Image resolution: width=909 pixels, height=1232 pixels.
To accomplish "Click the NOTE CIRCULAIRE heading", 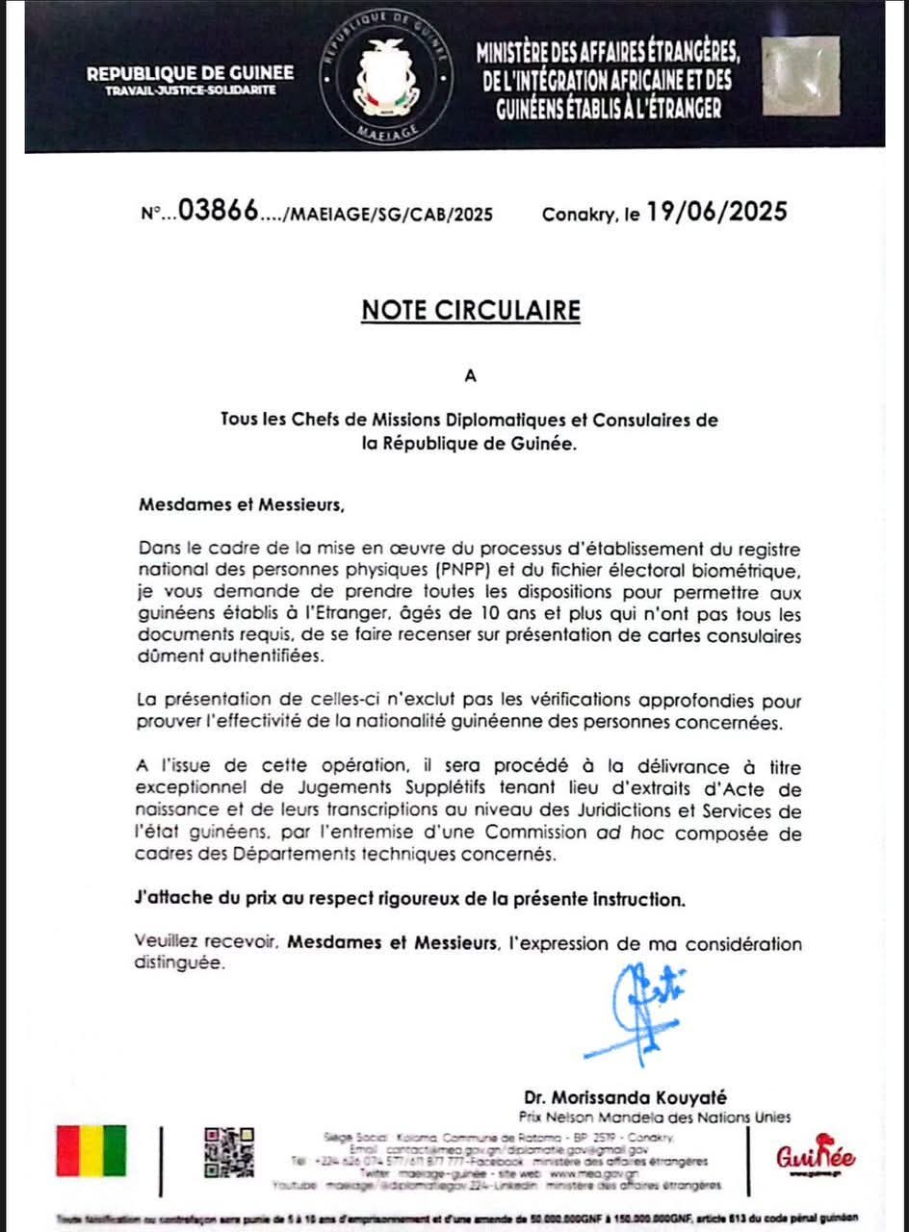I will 471,310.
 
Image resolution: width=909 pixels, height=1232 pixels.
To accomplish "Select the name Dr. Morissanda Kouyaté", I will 626,1097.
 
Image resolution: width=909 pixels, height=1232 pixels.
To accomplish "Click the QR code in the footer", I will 228,1152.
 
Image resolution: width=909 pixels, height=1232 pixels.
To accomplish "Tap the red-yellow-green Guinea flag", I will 91,1150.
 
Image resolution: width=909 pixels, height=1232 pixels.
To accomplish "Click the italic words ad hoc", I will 621,832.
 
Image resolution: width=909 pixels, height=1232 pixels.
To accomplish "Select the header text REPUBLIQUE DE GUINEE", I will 191,73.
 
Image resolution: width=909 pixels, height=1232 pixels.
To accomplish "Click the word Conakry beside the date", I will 577,214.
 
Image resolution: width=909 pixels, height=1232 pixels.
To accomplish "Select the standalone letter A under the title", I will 470,376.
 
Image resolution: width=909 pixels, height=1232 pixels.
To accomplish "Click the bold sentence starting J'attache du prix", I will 409,900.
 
